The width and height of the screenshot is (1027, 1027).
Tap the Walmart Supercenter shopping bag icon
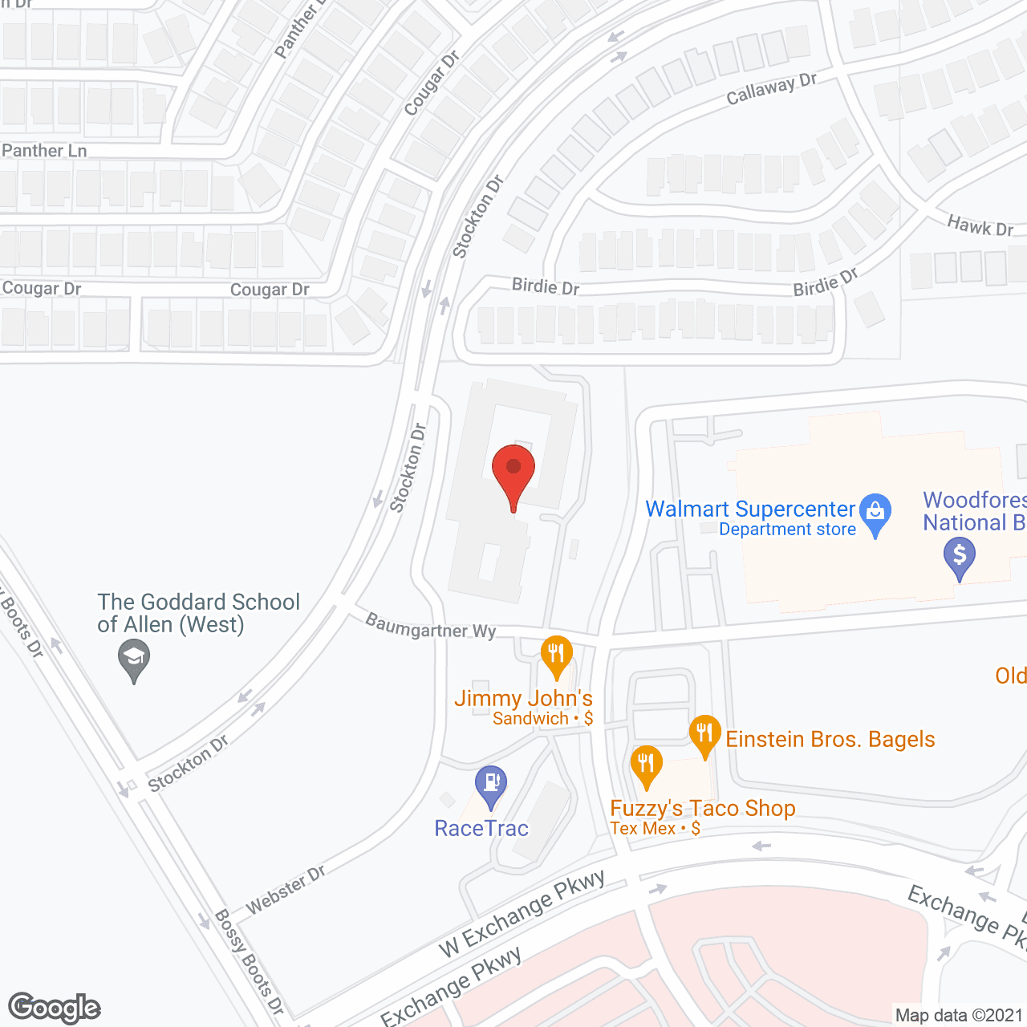pyautogui.click(x=875, y=512)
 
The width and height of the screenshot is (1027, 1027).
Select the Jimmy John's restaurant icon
pyautogui.click(x=556, y=654)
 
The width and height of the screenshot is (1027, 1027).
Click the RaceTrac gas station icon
pyautogui.click(x=490, y=784)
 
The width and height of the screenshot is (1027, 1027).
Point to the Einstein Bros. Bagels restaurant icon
pyautogui.click(x=704, y=733)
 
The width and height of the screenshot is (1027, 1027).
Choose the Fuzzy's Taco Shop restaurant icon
pyautogui.click(x=646, y=764)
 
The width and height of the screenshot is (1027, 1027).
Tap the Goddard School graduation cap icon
pyautogui.click(x=134, y=660)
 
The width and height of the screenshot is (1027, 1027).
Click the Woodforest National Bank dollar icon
pyautogui.click(x=959, y=555)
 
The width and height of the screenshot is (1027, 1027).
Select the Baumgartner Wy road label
pyautogui.click(x=431, y=627)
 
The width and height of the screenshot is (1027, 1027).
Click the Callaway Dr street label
pyautogui.click(x=771, y=89)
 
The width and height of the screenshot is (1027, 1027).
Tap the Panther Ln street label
pyautogui.click(x=44, y=151)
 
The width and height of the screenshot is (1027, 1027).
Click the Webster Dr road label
pyautogui.click(x=286, y=889)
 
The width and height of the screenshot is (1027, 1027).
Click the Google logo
pyautogui.click(x=54, y=1008)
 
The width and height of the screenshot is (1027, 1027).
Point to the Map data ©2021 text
pyautogui.click(x=959, y=1016)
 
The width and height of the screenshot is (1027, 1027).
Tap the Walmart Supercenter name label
pyautogui.click(x=750, y=509)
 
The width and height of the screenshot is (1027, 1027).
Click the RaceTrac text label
pyautogui.click(x=481, y=828)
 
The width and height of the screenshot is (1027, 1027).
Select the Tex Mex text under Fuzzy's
pyautogui.click(x=643, y=829)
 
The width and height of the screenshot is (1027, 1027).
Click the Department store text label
pyautogui.click(x=787, y=530)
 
